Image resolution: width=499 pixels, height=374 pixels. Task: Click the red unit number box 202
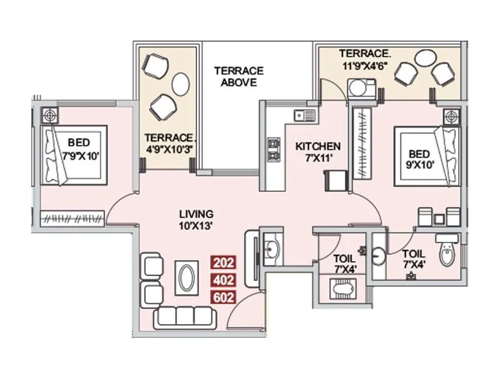[x=224, y=262]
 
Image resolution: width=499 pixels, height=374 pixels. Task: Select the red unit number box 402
[x=224, y=280]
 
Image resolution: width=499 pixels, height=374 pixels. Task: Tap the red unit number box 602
[x=224, y=297]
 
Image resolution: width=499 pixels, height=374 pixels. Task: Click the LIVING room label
[x=196, y=213]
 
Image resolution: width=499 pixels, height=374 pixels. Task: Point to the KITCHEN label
[x=318, y=146]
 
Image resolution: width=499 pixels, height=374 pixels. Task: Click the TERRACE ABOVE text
[x=239, y=76]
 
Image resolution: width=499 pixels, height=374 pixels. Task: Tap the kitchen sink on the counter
[x=306, y=115]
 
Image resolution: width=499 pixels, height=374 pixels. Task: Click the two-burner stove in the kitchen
[x=273, y=150]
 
